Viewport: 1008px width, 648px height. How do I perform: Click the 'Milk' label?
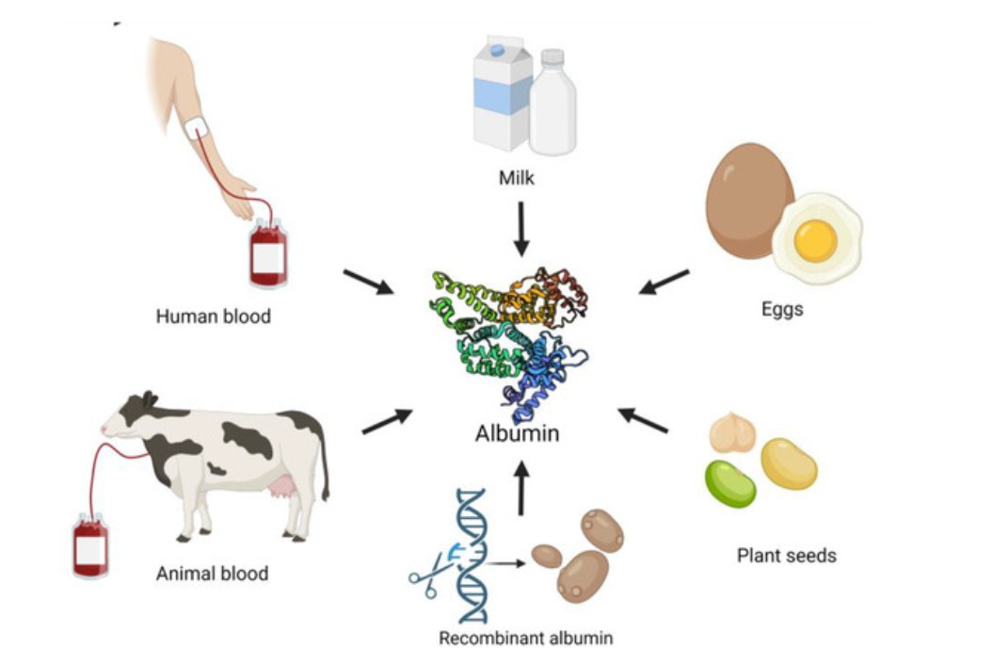[x=517, y=177]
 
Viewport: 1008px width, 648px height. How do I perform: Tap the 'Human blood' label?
[x=213, y=316]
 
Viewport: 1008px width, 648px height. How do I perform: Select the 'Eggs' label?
[x=782, y=308]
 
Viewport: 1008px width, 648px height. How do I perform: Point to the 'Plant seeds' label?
[x=786, y=556]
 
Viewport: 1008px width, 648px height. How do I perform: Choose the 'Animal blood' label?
[x=213, y=573]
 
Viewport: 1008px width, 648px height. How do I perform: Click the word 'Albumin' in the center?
[x=517, y=434]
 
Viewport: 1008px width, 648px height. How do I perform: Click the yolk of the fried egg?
[x=814, y=240]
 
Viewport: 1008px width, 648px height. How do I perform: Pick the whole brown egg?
[x=748, y=199]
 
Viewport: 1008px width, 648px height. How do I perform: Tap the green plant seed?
[x=730, y=483]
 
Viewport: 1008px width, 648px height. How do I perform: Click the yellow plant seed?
[x=788, y=463]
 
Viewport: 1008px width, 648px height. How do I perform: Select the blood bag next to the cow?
[x=90, y=545]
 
